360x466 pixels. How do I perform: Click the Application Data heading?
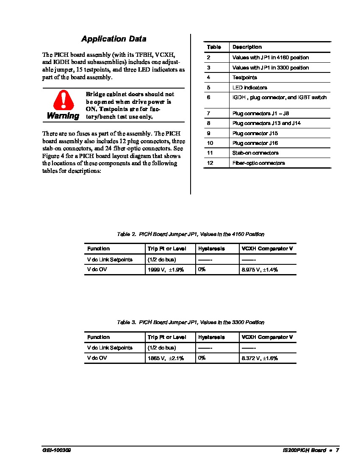(x=114, y=39)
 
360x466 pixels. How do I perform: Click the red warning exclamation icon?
(x=64, y=101)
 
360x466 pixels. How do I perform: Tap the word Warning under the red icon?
(x=63, y=116)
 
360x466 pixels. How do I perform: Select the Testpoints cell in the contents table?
(x=244, y=78)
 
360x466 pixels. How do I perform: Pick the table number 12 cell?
(x=210, y=163)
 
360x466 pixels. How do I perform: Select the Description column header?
(x=247, y=47)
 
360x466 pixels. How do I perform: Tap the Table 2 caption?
(x=191, y=234)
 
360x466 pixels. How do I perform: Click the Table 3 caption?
(x=191, y=322)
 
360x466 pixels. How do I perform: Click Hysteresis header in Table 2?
(x=211, y=249)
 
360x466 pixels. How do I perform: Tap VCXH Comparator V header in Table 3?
(x=267, y=337)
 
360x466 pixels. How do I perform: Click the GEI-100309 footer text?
(x=56, y=450)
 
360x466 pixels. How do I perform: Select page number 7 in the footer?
(x=338, y=450)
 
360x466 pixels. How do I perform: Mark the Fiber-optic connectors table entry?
(x=258, y=163)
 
